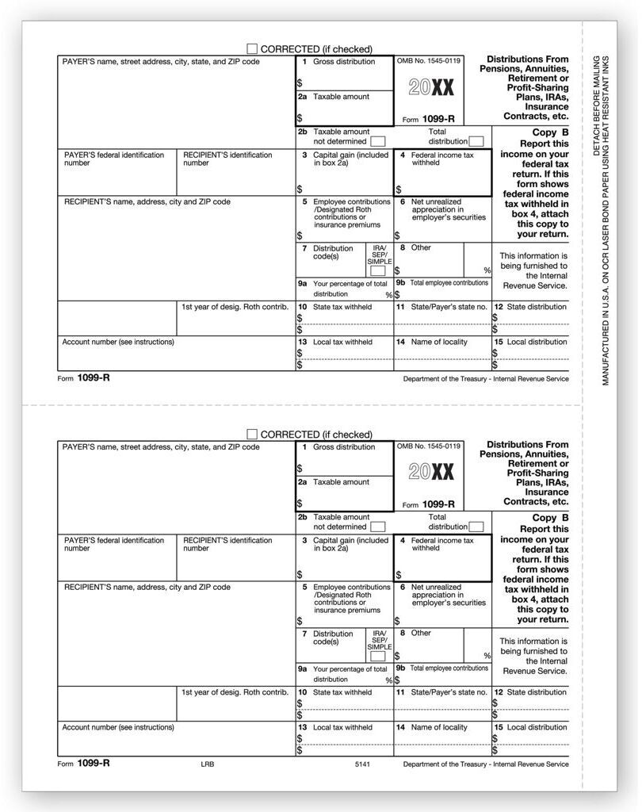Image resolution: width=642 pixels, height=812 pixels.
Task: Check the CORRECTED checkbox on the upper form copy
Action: click(x=253, y=48)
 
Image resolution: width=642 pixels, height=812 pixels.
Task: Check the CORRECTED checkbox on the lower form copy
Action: click(x=253, y=434)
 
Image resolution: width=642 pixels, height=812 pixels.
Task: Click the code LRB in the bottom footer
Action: click(x=208, y=764)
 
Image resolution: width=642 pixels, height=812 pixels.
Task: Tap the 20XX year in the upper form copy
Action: click(x=431, y=86)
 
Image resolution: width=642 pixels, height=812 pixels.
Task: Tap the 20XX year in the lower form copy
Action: click(x=431, y=472)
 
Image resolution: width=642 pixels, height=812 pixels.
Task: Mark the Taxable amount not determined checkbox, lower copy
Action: click(x=378, y=527)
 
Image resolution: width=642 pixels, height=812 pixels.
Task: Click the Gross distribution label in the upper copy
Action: click(x=344, y=62)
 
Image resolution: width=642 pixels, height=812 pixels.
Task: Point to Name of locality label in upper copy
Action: click(x=439, y=342)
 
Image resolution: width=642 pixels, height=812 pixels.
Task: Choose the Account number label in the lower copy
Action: click(x=118, y=727)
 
